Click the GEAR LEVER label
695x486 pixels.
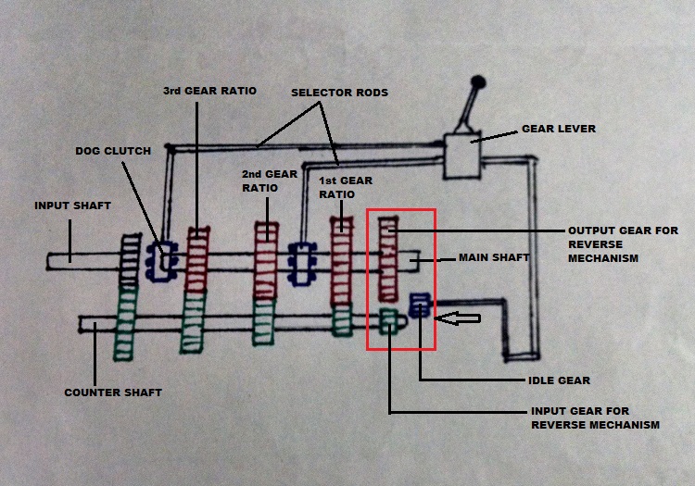(x=558, y=129)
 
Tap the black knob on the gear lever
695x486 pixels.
(x=479, y=84)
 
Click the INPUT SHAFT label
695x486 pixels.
(x=71, y=205)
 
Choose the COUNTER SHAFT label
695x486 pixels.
(x=112, y=393)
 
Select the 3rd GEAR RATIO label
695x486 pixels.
(x=209, y=91)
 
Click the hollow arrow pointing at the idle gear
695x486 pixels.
(x=461, y=319)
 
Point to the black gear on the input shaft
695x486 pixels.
(x=127, y=260)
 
